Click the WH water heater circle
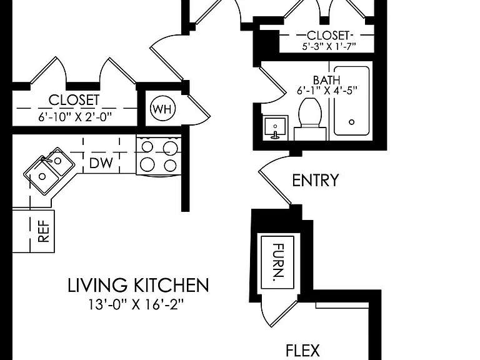pyautogui.click(x=163, y=109)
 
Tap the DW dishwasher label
pyautogui.click(x=101, y=163)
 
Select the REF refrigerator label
pyautogui.click(x=44, y=231)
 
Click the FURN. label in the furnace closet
pyautogui.click(x=278, y=262)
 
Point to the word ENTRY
pyautogui.click(x=316, y=180)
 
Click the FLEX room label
pyautogui.click(x=302, y=350)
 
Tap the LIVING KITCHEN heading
pyautogui.click(x=138, y=285)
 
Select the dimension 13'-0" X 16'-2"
pyautogui.click(x=136, y=304)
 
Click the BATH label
pyautogui.click(x=327, y=80)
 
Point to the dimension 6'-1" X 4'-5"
pyautogui.click(x=327, y=91)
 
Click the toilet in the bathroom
pyautogui.click(x=310, y=119)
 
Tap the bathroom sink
pyautogui.click(x=276, y=127)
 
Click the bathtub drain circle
pyautogui.click(x=352, y=122)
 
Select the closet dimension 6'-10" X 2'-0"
pyautogui.click(x=75, y=117)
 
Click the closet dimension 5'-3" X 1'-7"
pyautogui.click(x=329, y=46)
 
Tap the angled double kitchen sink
pyautogui.click(x=49, y=170)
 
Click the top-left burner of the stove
pyautogui.click(x=147, y=147)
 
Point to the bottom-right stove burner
pyautogui.click(x=170, y=166)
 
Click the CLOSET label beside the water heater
pyautogui.click(x=74, y=100)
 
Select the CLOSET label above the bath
pyautogui.click(x=328, y=36)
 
